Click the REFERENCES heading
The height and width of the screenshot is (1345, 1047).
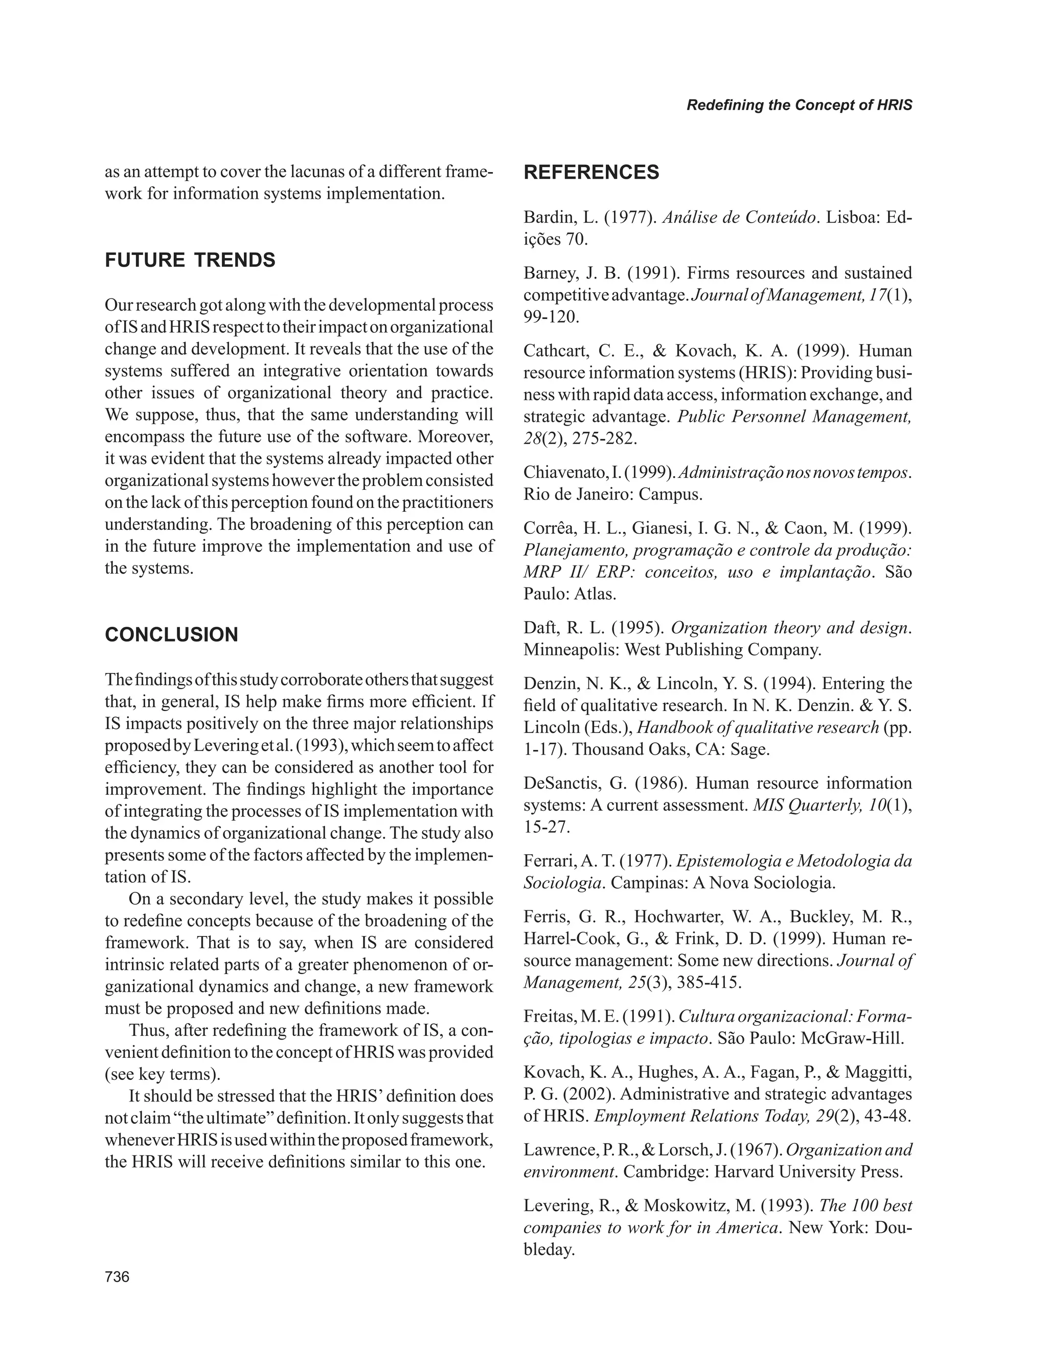pyautogui.click(x=591, y=173)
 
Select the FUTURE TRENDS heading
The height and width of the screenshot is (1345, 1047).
pyautogui.click(x=190, y=260)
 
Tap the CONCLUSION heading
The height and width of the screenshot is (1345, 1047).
pyautogui.click(x=171, y=634)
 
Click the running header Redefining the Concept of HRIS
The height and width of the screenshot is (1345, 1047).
pyautogui.click(x=799, y=105)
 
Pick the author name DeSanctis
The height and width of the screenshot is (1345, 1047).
pyautogui.click(x=559, y=784)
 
